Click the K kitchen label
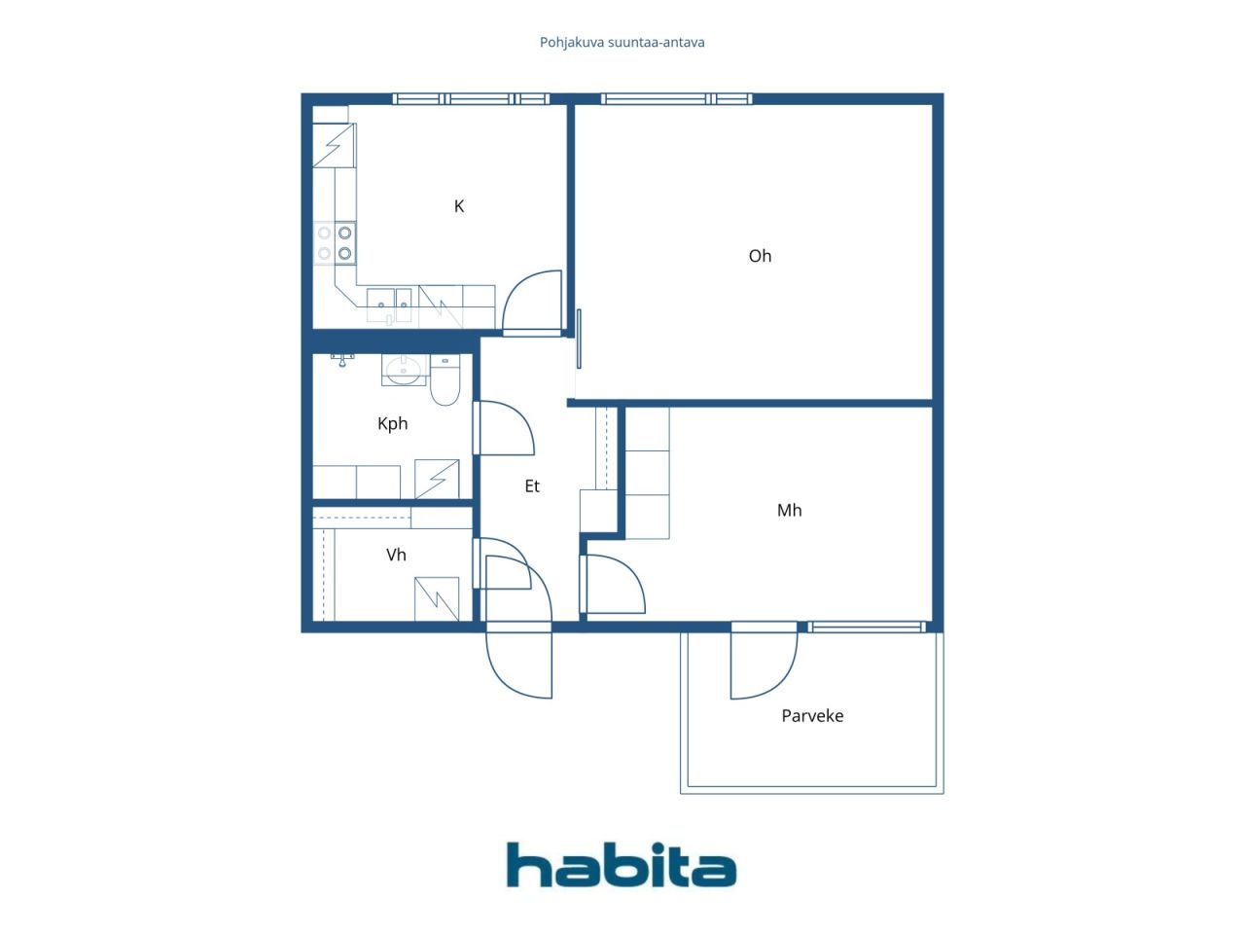tap(459, 206)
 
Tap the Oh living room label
tap(760, 256)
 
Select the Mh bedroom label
tap(789, 510)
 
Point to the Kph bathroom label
tap(392, 423)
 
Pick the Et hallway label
tap(531, 486)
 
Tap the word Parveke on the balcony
tap(811, 716)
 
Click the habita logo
tap(622, 865)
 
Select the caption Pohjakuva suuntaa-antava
tap(622, 43)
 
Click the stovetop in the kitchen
tap(335, 242)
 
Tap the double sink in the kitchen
tap(389, 305)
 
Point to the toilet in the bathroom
tap(445, 379)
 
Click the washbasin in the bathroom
tap(404, 370)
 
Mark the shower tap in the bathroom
tap(342, 360)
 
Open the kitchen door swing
tap(532, 301)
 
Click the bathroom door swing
tap(505, 427)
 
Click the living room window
tap(677, 99)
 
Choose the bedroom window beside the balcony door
tap(867, 627)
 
